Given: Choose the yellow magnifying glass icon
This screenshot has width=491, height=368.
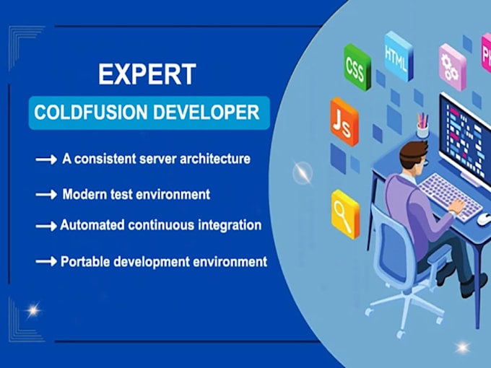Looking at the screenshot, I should [345, 213].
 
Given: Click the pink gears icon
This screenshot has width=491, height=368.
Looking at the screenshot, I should [453, 66].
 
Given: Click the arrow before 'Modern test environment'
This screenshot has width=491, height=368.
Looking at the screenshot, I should [46, 196].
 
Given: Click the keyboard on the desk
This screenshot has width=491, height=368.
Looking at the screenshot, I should [448, 195].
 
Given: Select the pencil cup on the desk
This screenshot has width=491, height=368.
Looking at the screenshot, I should [422, 128].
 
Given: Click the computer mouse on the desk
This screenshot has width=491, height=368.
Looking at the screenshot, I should [483, 219].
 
